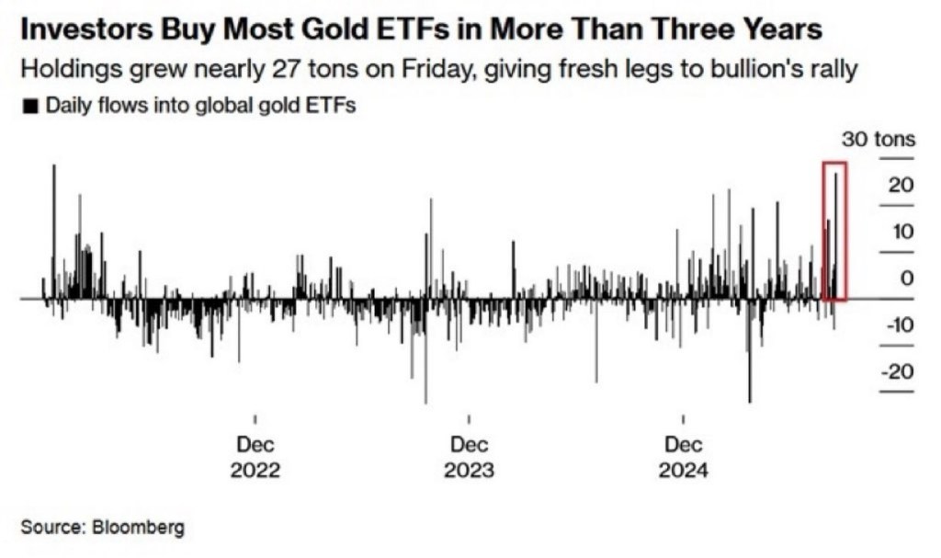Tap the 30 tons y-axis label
pyautogui.click(x=879, y=140)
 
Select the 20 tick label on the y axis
pyautogui.click(x=901, y=185)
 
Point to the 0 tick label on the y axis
pyautogui.click(x=907, y=278)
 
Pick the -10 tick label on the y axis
pyautogui.click(x=897, y=325)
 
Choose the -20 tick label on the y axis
pyautogui.click(x=897, y=371)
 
